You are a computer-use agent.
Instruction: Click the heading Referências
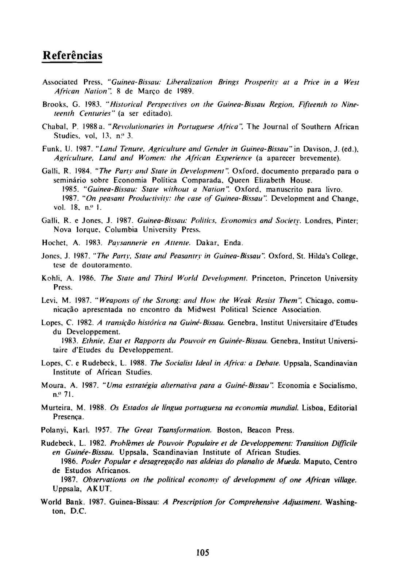tap(72, 55)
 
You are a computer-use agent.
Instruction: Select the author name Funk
tap(49, 149)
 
